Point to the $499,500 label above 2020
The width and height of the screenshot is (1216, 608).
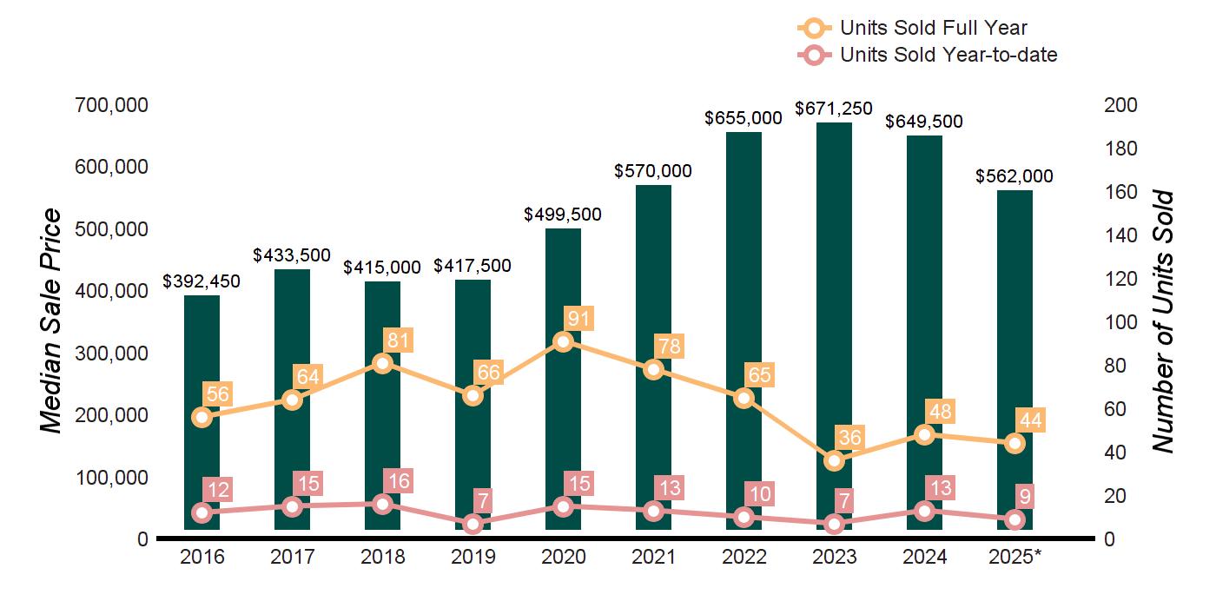[563, 215]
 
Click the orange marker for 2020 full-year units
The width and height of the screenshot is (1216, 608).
[563, 341]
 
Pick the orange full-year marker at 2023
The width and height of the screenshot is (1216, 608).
[835, 460]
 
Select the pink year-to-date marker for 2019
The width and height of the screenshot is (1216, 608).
[473, 524]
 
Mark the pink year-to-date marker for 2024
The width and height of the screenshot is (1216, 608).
[924, 511]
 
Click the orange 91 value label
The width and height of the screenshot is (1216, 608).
[578, 318]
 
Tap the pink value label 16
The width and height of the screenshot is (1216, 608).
[398, 481]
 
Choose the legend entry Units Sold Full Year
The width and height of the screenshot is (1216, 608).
[933, 29]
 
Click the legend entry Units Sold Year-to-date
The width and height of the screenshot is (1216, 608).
[948, 55]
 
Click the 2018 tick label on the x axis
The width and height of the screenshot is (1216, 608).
[382, 557]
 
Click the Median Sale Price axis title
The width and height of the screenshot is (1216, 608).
[52, 321]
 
